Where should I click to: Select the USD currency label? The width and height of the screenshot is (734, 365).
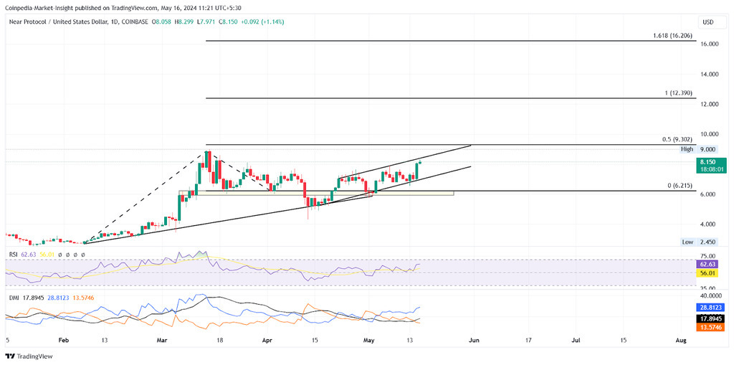pyautogui.click(x=707, y=22)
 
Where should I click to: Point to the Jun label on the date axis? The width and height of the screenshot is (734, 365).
pyautogui.click(x=473, y=341)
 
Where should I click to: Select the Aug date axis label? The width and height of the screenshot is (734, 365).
pyautogui.click(x=681, y=341)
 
